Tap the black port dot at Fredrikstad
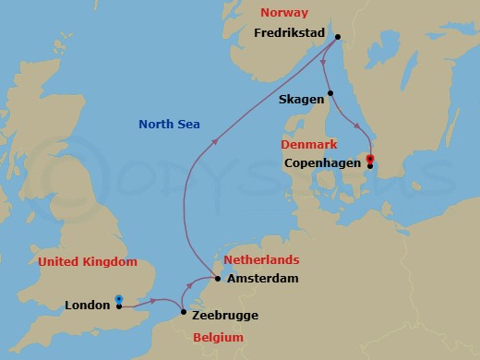point(338,37)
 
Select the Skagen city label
point(301,99)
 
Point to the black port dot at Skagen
point(333,93)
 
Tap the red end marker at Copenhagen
point(369,159)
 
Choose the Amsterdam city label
point(262,278)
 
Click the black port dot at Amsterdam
point(217,278)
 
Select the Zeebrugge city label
point(227,315)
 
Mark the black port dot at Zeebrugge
point(185,313)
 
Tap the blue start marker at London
point(119,298)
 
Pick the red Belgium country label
point(218,338)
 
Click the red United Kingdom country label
point(88,262)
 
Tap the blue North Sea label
point(169,125)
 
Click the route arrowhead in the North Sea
point(214,140)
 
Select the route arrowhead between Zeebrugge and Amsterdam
point(202,285)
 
